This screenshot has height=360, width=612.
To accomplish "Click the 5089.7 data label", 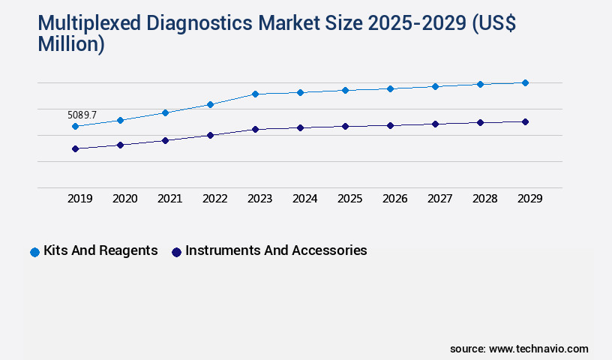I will pos(82,115).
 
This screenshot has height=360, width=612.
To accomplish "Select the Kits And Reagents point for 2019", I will pos(75,127).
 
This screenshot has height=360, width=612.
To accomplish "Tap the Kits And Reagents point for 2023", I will pos(255,94).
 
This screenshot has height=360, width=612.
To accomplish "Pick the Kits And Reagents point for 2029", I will pos(525,82).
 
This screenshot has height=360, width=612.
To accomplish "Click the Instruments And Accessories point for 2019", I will pos(75,148).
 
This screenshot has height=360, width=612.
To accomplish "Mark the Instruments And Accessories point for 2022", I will pos(210,135).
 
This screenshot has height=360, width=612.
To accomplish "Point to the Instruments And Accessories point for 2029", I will pos(525,121).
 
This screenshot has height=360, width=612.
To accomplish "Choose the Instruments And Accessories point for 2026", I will pos(390,125).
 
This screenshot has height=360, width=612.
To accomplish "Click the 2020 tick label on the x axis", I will pos(124,199).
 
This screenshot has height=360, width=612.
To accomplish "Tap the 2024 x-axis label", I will pos(304,199).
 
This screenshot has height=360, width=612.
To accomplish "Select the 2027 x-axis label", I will pos(439,199).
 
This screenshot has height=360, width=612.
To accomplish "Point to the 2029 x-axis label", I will pos(529,199).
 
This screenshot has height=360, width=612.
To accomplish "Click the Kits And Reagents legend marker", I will pos(34,252).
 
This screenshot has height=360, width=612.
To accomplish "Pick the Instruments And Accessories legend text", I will pos(276,250).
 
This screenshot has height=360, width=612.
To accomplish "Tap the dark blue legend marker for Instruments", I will pos(176,252).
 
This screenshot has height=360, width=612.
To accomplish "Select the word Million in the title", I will pos(71,44).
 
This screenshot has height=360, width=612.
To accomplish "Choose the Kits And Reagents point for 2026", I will pos(390,88).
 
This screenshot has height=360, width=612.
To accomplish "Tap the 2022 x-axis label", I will pos(214,199).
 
